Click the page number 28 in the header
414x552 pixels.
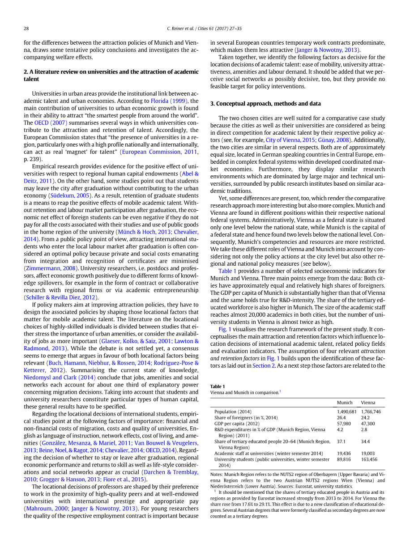pos(26,29)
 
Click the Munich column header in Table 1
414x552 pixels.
pos(345,403)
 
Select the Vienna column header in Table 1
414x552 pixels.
pos(368,403)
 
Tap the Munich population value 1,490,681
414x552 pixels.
pos(347,412)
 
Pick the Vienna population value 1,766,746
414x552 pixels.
pos(371,412)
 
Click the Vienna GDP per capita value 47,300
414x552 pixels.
pos(368,423)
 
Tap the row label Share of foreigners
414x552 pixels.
pos(246,417)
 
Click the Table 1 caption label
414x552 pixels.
pos(218,386)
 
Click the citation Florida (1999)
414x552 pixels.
pos(166,101)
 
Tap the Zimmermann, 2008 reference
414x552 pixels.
pos(50,268)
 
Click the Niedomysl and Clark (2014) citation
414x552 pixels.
pos(60,377)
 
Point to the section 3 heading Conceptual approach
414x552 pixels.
pos(265,104)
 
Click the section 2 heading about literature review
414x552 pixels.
pos(111,75)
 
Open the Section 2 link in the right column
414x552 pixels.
pos(261,365)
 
